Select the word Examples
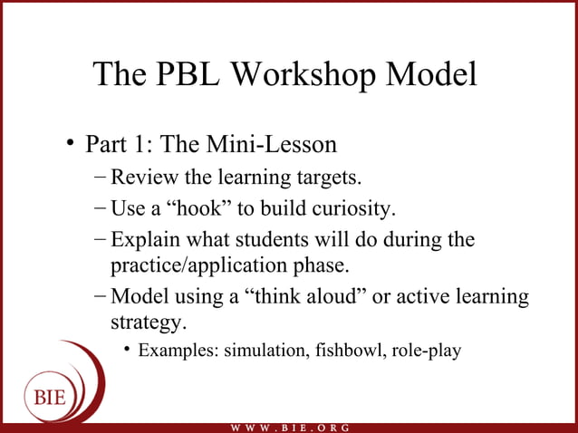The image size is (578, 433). point(175,351)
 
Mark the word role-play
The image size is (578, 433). point(427,351)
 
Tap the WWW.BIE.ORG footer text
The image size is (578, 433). point(291,427)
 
